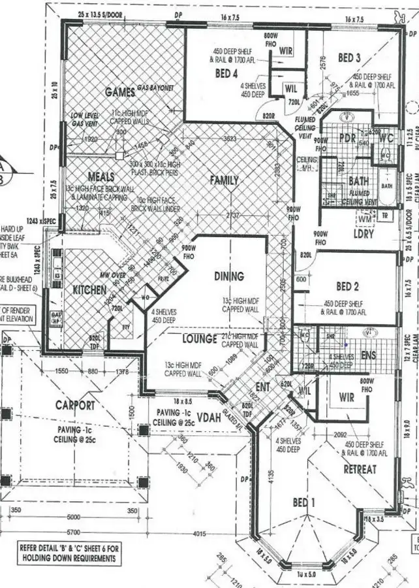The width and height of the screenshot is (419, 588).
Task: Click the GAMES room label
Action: pos(119,91)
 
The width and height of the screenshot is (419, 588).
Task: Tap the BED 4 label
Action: pos(226,74)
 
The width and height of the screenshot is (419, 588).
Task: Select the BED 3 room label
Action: pos(349,58)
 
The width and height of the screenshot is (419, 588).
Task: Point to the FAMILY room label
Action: pos(224,180)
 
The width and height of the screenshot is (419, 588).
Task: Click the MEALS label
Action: pos(101,177)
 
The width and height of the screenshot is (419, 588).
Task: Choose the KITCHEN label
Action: pos(89,289)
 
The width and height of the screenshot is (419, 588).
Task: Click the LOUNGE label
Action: pos(200,339)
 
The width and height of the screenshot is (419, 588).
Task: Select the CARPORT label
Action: pos(75,405)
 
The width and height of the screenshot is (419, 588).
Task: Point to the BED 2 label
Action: pos(349,286)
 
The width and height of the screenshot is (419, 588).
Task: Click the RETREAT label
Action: pos(360,469)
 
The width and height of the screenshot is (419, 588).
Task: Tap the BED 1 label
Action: pos(303,502)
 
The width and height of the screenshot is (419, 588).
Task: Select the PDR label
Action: pos(347,139)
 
